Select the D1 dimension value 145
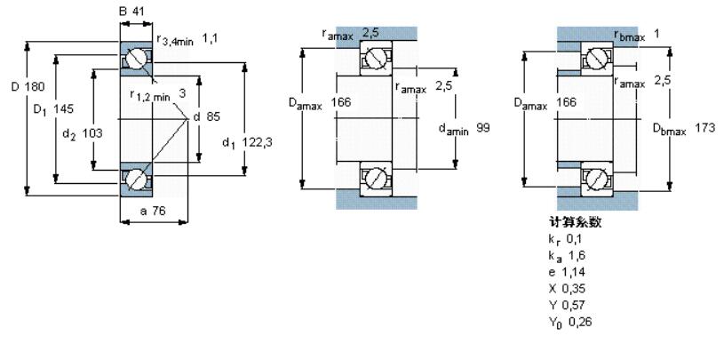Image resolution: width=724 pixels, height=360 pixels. tap(63, 109)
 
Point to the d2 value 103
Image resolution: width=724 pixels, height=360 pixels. tap(92, 133)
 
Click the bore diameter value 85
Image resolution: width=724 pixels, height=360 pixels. tap(213, 117)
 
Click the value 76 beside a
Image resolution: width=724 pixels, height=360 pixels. tap(158, 212)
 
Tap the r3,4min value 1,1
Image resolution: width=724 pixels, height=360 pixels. tap(209, 39)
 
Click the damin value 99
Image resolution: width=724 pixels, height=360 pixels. tap(482, 127)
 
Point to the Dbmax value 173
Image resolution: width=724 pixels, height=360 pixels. tap(704, 127)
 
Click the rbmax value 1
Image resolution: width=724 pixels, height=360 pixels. tap(656, 34)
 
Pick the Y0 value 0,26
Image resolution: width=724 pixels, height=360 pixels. tap(579, 322)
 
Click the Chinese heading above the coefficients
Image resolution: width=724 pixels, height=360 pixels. tap(576, 222)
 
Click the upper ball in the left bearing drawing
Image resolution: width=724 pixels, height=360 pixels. tap(136, 59)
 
